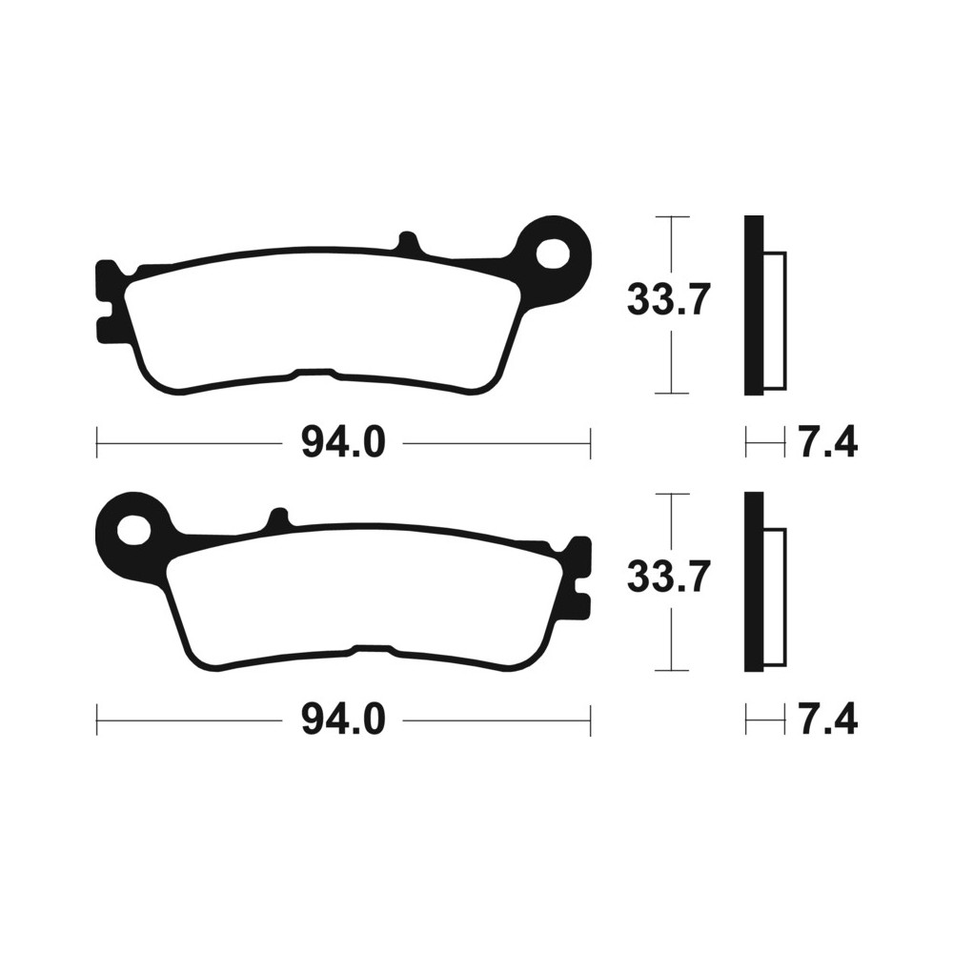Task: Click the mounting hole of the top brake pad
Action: (553, 253)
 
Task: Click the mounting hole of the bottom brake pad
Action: (133, 530)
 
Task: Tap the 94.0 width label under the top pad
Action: (343, 443)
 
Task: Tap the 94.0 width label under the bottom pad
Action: (343, 720)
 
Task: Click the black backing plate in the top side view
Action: (754, 306)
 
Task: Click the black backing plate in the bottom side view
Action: (754, 582)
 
